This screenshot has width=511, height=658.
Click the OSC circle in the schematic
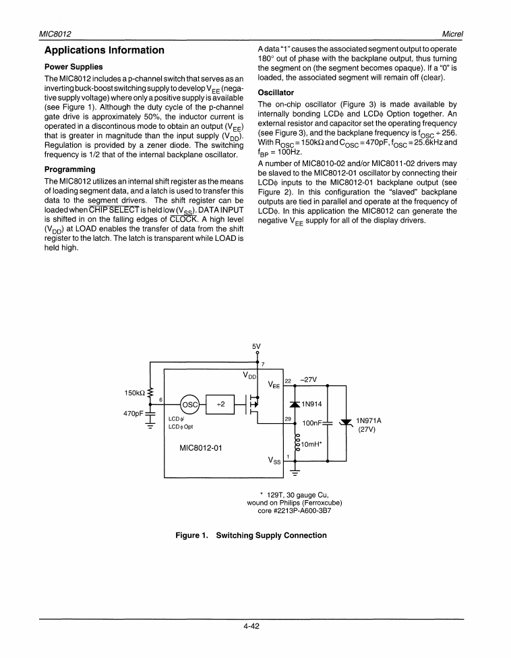[x=191, y=405]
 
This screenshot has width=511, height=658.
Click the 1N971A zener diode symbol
[x=346, y=424]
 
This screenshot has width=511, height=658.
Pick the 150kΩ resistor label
[x=136, y=393]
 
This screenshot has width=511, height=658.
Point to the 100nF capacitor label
[x=312, y=423]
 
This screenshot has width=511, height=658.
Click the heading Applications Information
[x=104, y=51]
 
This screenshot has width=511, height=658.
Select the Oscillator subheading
[x=276, y=92]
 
